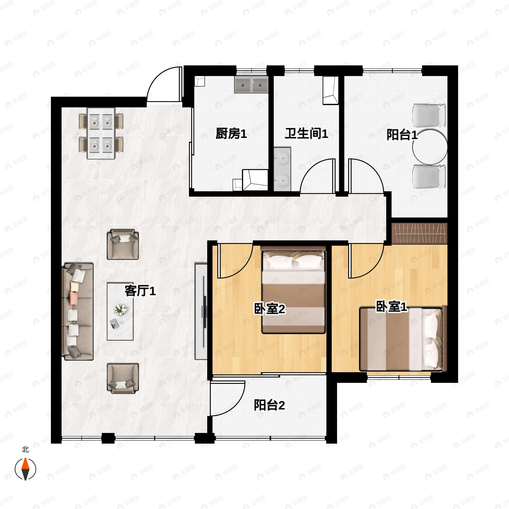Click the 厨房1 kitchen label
click(x=231, y=134)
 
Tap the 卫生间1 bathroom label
click(x=306, y=134)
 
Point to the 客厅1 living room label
click(x=140, y=291)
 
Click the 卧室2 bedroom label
click(x=270, y=309)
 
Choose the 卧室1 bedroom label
click(x=392, y=306)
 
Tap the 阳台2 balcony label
click(x=269, y=405)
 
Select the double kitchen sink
click(x=251, y=85)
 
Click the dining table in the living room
click(x=101, y=133)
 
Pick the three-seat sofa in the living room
click(x=78, y=311)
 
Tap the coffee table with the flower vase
click(x=120, y=311)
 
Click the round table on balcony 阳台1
click(x=430, y=147)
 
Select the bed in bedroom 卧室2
click(x=293, y=290)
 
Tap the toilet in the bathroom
click(x=330, y=91)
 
